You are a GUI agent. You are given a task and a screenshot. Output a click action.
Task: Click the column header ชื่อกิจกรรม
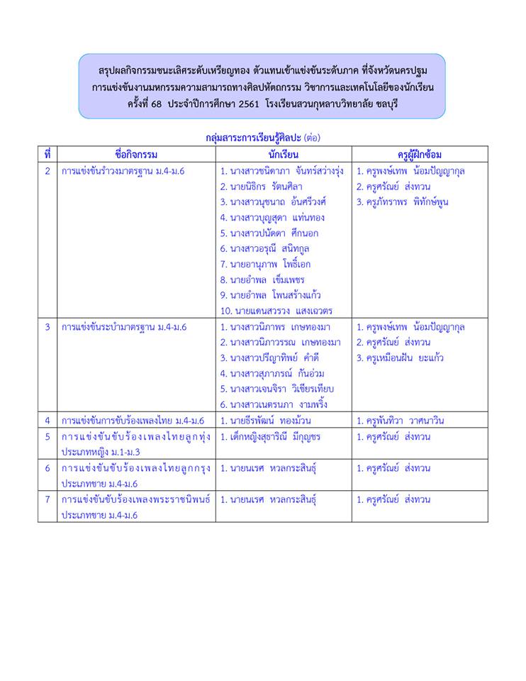click(135, 154)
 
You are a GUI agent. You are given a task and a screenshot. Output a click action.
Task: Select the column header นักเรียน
click(283, 154)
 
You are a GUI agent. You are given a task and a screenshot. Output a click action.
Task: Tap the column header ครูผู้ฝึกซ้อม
click(420, 154)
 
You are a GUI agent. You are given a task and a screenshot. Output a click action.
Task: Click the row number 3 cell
click(47, 327)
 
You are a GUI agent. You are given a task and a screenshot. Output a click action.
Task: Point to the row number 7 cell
click(47, 499)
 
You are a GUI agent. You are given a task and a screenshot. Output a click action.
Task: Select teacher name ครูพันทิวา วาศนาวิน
click(401, 421)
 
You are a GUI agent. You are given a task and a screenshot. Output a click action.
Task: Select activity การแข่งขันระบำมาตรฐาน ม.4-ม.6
click(123, 327)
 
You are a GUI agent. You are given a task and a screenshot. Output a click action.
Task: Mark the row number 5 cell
click(47, 437)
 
